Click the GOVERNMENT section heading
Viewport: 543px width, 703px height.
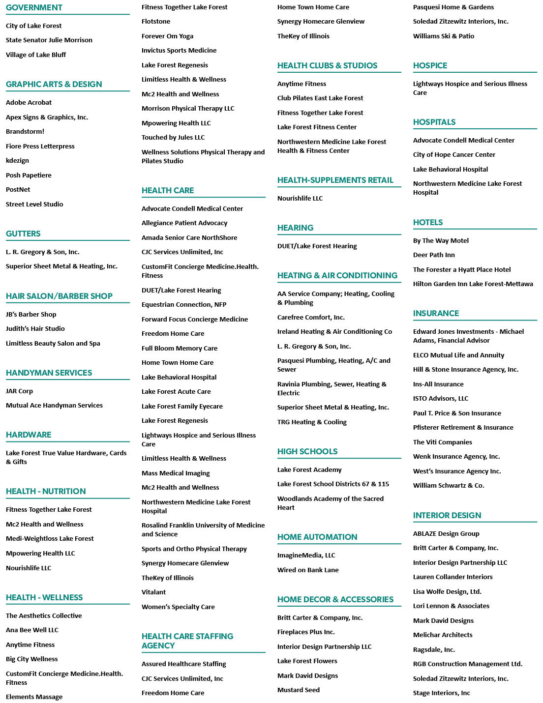(x=34, y=7)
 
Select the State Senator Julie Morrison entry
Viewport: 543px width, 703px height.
(x=49, y=40)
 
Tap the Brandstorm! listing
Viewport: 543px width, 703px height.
(x=25, y=131)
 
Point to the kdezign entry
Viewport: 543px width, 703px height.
(x=17, y=160)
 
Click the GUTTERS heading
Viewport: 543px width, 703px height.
(x=23, y=234)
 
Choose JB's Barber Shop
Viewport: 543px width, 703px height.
(x=31, y=314)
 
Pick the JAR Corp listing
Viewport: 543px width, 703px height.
(x=19, y=391)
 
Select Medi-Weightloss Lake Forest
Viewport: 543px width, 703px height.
(x=50, y=538)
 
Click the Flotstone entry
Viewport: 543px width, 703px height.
(x=155, y=21)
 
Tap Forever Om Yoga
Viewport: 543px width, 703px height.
(x=167, y=36)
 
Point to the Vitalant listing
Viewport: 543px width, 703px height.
(x=153, y=592)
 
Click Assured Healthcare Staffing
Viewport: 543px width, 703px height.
(x=183, y=664)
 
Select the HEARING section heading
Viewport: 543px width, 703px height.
(x=295, y=228)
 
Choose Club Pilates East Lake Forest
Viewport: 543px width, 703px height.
(x=320, y=98)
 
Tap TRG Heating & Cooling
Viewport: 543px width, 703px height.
(x=312, y=422)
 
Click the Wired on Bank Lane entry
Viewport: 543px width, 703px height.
(x=308, y=570)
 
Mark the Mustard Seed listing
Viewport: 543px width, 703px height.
(x=299, y=690)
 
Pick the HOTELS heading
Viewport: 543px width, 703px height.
(x=427, y=222)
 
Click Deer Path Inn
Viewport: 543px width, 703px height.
(x=434, y=255)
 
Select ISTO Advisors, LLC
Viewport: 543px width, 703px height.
(x=440, y=399)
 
